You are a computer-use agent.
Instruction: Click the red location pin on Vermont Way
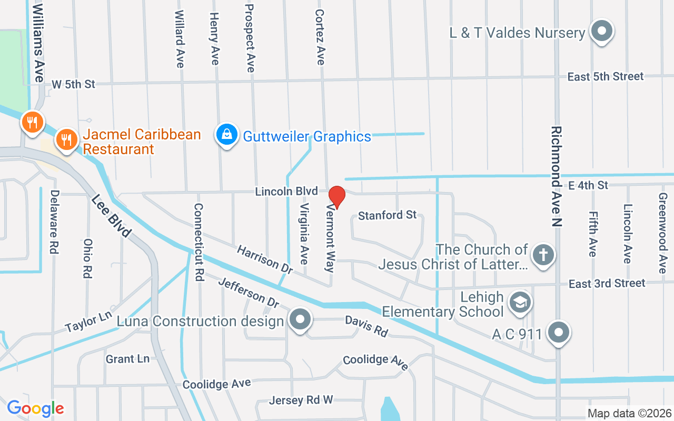[337, 197]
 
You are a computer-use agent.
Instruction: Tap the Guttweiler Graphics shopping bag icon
[227, 135]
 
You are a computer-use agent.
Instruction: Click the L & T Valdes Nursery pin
[601, 32]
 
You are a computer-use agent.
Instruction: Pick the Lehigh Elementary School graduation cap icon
[520, 302]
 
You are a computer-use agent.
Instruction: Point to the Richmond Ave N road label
[557, 176]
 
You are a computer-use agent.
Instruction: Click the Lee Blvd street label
[111, 216]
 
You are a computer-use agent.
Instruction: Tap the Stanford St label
[387, 215]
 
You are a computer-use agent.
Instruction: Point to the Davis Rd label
[366, 326]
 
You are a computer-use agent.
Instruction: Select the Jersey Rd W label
[301, 400]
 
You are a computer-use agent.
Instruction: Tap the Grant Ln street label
[127, 359]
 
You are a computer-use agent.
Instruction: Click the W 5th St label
[74, 84]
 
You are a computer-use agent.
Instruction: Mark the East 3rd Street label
[607, 284]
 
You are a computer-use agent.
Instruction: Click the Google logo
[35, 408]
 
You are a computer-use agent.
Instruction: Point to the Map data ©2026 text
[629, 414]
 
